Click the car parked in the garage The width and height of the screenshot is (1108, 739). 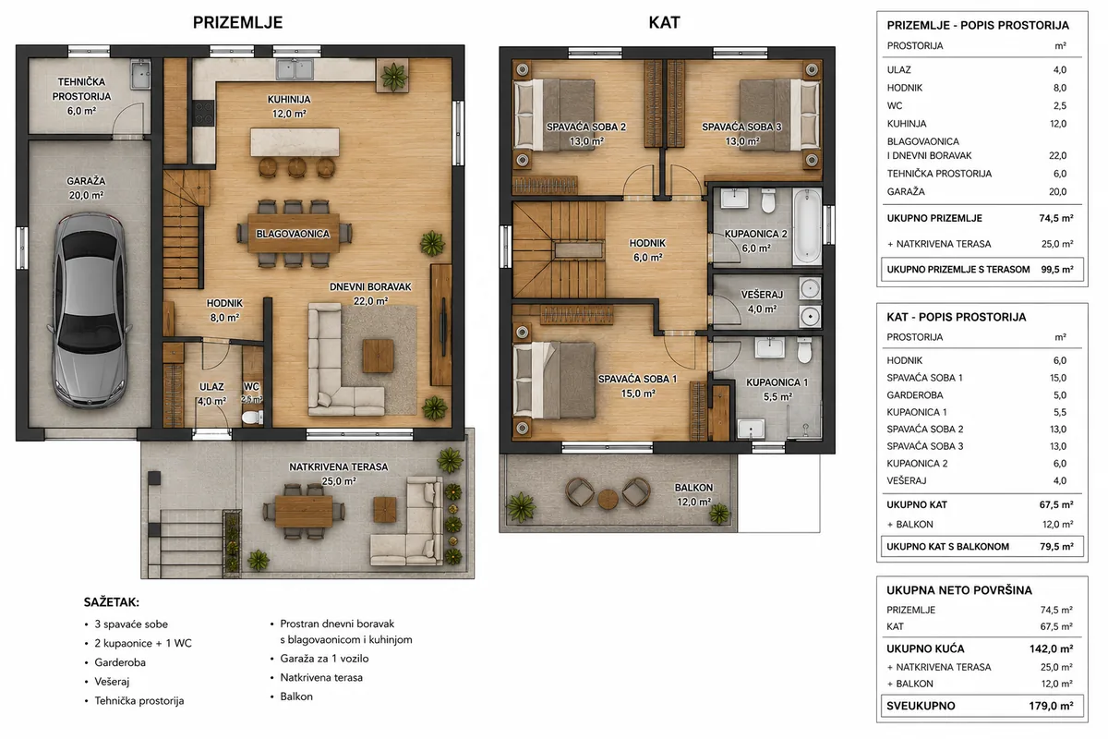click(89, 311)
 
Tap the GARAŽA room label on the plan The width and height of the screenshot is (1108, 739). click(86, 181)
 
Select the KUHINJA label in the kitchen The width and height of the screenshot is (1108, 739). click(289, 100)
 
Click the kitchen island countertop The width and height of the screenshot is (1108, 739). click(295, 142)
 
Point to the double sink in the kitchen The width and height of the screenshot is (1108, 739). click(295, 69)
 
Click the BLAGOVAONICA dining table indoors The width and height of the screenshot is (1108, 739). click(294, 234)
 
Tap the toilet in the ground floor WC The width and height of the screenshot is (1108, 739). click(253, 418)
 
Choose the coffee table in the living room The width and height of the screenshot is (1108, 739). click(379, 356)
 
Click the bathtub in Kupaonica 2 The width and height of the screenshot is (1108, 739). click(807, 226)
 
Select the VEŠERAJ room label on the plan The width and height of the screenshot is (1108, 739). click(762, 295)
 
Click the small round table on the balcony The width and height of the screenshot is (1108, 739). click(608, 499)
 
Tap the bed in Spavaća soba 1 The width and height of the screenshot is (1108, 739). click(554, 381)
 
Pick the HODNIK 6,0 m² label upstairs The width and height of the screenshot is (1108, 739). click(647, 250)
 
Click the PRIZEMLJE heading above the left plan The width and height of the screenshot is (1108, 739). click(238, 23)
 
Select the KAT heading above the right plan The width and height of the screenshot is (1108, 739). click(664, 23)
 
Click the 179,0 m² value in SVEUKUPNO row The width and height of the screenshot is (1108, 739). click(1051, 706)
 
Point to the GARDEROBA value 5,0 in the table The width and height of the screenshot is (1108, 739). click(1060, 395)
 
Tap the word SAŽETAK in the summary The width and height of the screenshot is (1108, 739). click(112, 602)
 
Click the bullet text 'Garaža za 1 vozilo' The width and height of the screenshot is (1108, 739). click(324, 659)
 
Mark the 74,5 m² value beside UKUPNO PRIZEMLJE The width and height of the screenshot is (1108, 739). click(1056, 218)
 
